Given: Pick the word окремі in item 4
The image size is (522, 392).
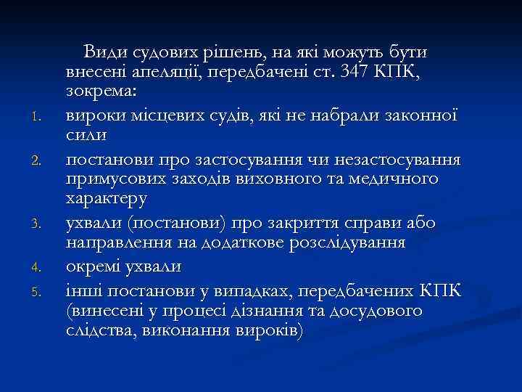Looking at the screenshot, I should (x=91, y=265).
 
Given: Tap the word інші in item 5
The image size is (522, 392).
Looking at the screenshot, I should (x=79, y=291).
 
